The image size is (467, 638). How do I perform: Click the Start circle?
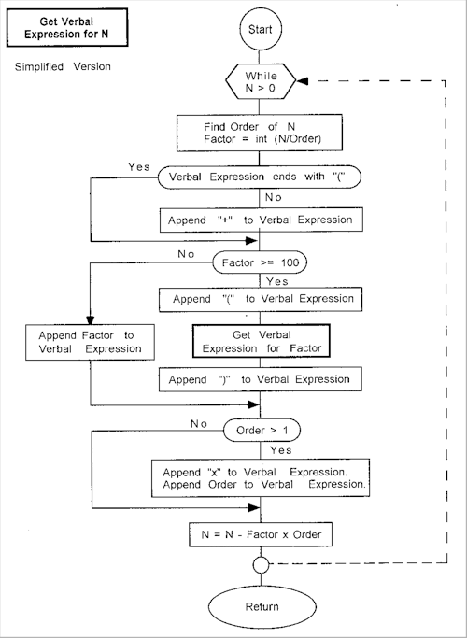(260, 29)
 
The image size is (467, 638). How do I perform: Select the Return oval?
(262, 606)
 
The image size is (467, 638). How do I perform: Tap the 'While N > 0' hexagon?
(261, 81)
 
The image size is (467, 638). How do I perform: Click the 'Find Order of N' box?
(260, 133)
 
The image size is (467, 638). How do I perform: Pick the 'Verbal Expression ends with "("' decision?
(259, 177)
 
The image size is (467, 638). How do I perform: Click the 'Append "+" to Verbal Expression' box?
(261, 220)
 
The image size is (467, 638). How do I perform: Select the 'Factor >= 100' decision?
(260, 262)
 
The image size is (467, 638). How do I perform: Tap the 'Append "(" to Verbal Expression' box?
(261, 300)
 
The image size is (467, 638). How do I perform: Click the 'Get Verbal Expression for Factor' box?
(261, 341)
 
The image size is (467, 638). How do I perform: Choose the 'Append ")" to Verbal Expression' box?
(260, 379)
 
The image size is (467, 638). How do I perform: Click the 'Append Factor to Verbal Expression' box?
(90, 342)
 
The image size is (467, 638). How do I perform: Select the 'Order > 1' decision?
(262, 431)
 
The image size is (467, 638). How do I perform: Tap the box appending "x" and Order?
(261, 478)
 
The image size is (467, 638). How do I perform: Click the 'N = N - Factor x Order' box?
(261, 534)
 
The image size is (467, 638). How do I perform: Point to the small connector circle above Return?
(261, 565)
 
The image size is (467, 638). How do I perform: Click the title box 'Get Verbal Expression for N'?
(67, 28)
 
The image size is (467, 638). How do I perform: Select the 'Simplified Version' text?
(63, 66)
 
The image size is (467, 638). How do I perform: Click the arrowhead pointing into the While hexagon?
(303, 81)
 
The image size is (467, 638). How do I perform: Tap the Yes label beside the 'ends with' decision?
(139, 167)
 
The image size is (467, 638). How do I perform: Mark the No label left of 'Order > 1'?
(199, 424)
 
